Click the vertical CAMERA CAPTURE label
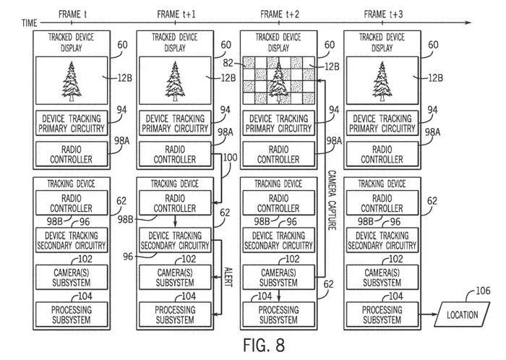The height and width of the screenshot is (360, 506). [333, 200]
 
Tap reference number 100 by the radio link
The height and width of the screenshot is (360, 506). [230, 158]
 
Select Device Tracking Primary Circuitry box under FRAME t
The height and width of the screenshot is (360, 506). [70, 122]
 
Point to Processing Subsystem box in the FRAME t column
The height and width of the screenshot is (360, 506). [70, 314]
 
